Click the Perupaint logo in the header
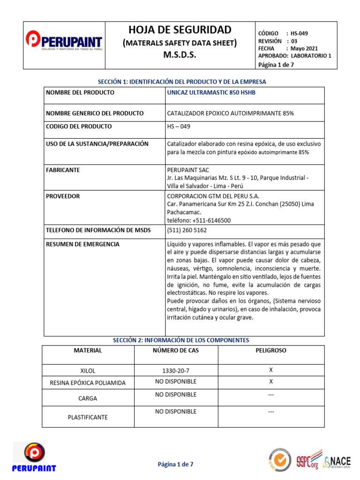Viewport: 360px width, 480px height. (x=64, y=42)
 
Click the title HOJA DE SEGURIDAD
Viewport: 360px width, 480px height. (x=180, y=30)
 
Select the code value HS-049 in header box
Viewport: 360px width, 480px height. (x=299, y=33)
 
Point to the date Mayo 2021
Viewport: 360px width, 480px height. (x=304, y=48)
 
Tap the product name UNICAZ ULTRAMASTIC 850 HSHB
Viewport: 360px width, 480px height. (x=211, y=92)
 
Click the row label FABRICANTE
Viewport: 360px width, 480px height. (x=63, y=170)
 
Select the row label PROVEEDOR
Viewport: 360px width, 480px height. (x=63, y=196)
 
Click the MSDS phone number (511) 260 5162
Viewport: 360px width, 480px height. (x=187, y=230)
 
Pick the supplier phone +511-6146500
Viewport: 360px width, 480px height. (x=199, y=220)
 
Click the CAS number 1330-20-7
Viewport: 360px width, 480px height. (x=176, y=371)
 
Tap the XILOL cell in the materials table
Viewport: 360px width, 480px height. (x=88, y=371)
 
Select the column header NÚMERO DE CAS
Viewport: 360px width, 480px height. (x=176, y=351)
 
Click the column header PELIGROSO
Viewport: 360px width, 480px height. (x=270, y=351)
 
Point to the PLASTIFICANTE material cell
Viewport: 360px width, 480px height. (x=88, y=417)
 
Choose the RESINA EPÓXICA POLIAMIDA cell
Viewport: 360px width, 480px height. (x=88, y=382)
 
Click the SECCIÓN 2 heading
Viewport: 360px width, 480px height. (x=181, y=340)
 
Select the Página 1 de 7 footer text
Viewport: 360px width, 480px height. (x=175, y=464)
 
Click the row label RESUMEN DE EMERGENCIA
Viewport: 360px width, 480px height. (x=82, y=244)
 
